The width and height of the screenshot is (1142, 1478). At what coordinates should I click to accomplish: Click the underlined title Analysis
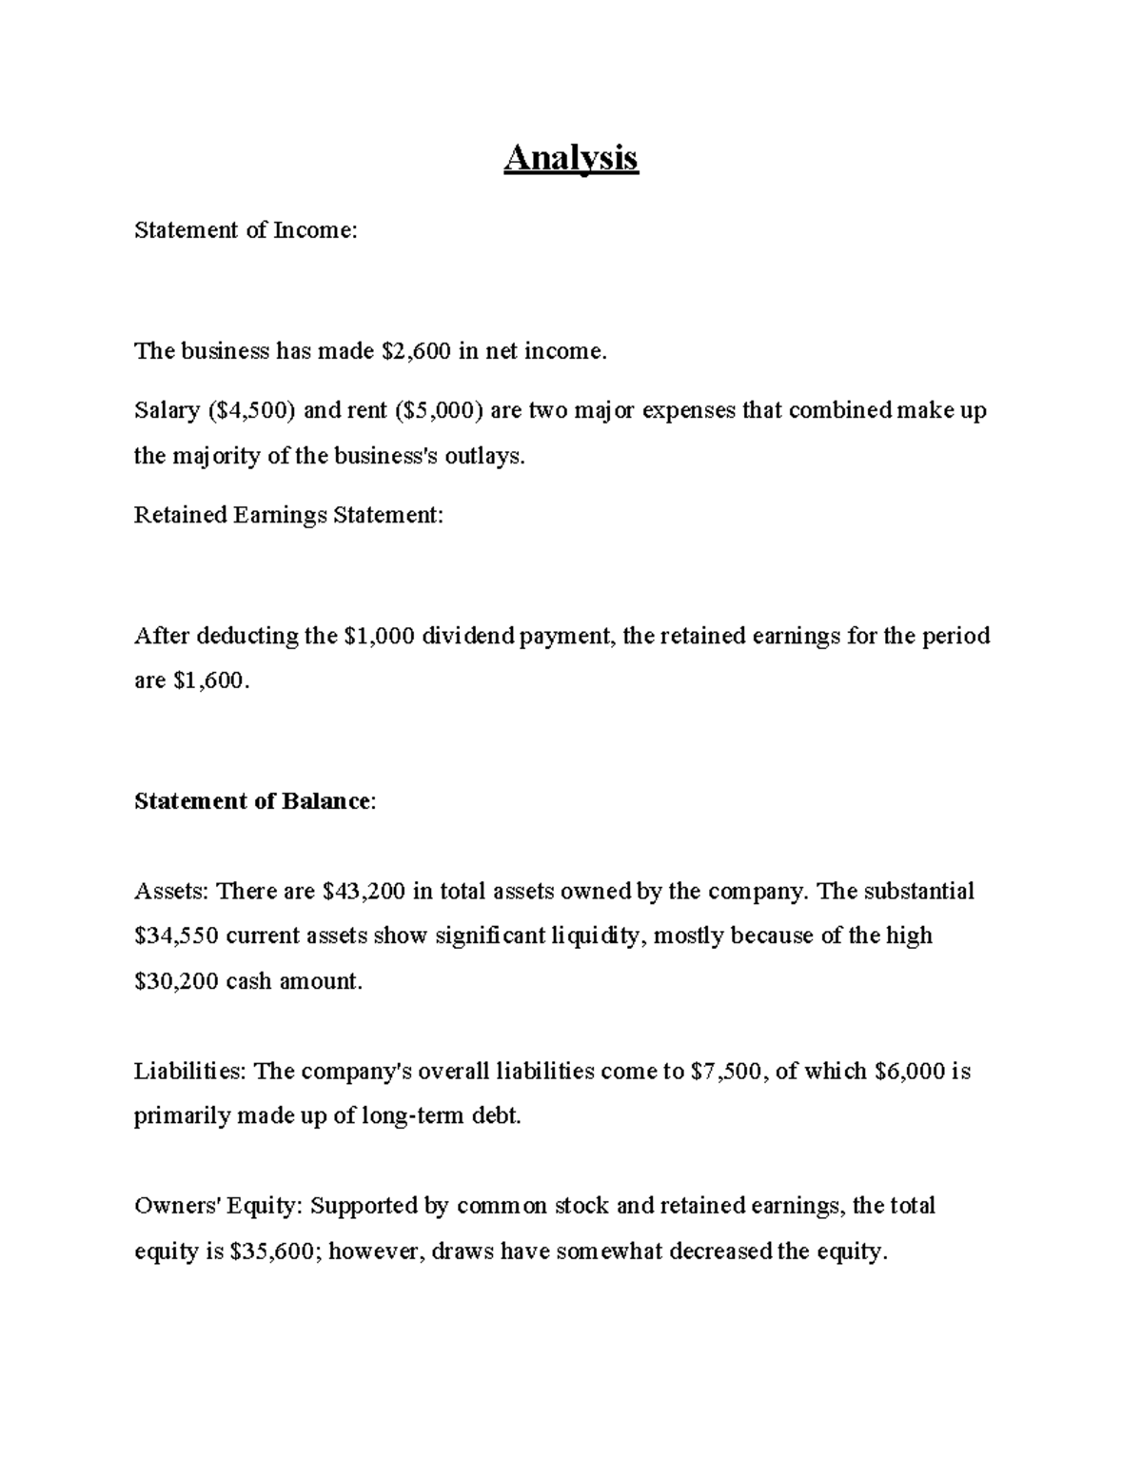(571, 157)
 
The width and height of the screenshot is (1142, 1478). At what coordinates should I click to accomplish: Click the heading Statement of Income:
(246, 230)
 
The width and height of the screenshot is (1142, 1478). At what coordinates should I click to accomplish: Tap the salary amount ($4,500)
(251, 411)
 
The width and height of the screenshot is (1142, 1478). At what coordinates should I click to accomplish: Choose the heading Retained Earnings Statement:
(288, 516)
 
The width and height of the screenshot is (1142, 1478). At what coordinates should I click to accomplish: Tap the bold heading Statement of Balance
(252, 801)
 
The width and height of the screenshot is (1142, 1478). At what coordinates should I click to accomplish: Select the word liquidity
(600, 936)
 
